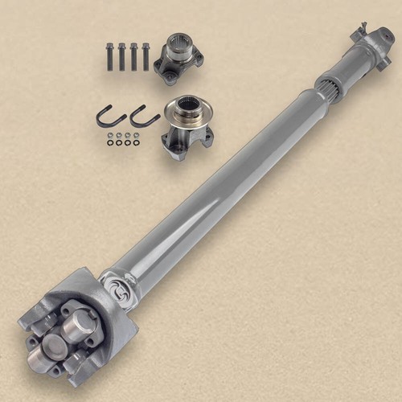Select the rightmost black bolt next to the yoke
coord(146,57)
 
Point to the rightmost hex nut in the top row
coord(140,135)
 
